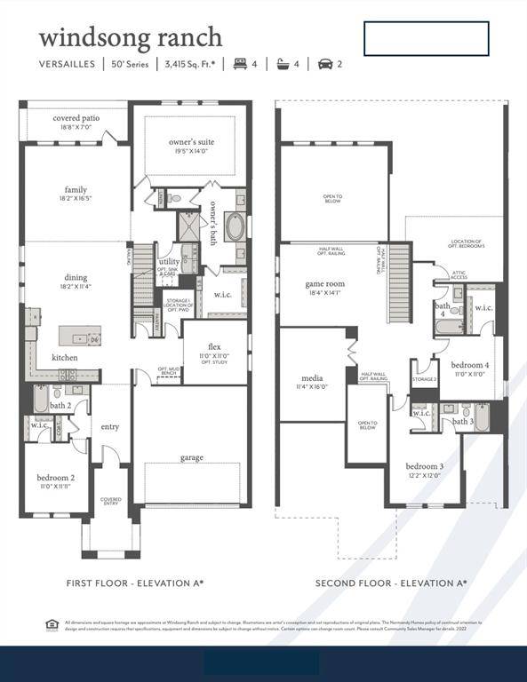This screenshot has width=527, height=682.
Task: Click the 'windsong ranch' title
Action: pyautogui.click(x=130, y=38)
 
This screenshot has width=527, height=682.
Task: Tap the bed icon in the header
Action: pyautogui.click(x=239, y=64)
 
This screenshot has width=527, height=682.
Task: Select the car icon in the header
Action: pyautogui.click(x=324, y=64)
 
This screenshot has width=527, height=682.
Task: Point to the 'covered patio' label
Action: pyautogui.click(x=76, y=117)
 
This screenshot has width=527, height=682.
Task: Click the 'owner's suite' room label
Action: pyautogui.click(x=191, y=142)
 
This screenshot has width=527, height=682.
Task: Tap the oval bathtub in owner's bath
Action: pyautogui.click(x=235, y=226)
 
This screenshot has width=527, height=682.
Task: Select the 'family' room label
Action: pyautogui.click(x=76, y=189)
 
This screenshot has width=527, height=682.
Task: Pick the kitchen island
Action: pyautogui.click(x=80, y=336)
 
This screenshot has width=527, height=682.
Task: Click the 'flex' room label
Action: pyautogui.click(x=214, y=346)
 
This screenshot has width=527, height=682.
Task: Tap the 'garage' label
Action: pyautogui.click(x=191, y=457)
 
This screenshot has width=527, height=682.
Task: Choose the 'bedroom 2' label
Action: pyautogui.click(x=55, y=477)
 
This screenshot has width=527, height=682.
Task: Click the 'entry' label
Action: pyautogui.click(x=110, y=427)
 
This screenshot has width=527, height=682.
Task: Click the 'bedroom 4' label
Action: pyautogui.click(x=468, y=365)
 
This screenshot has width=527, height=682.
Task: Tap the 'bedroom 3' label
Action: pyautogui.click(x=424, y=466)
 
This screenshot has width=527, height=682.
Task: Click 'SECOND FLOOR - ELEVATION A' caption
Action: pyautogui.click(x=391, y=583)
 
